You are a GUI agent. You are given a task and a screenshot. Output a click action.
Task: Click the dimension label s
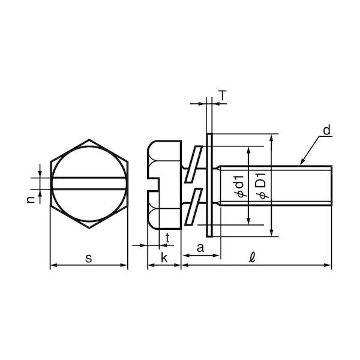coord(89,258)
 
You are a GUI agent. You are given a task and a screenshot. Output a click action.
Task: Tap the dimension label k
coord(164,257)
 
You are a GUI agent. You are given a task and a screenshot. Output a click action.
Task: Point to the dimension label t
coord(167,238)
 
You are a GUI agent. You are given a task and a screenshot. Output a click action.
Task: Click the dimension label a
coord(200,248)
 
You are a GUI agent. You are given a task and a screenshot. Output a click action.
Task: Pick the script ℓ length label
coord(252,257)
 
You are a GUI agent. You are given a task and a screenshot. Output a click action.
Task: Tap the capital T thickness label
coord(223,95)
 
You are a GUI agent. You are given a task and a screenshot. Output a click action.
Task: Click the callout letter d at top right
coord(326,130)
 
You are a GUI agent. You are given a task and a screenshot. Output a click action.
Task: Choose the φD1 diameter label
coord(263,186)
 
